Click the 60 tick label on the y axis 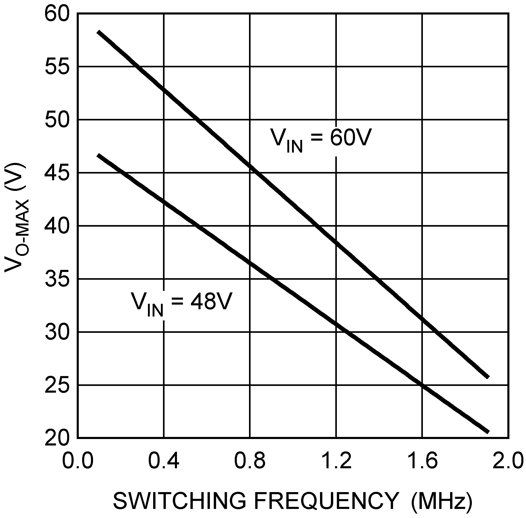57,15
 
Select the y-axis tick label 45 57,173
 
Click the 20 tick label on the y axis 57,438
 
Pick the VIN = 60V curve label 321,139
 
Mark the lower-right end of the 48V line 489,432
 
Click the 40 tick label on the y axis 57,226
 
